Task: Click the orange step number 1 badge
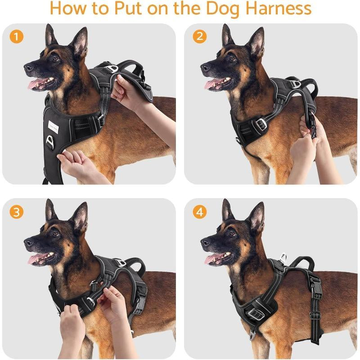[17, 37]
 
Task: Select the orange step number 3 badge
[17, 212]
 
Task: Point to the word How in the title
[68, 9]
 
